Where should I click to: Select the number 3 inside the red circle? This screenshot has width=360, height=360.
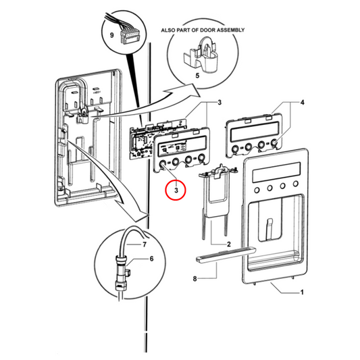pos(176,191)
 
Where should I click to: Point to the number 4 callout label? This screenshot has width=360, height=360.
pos(303,103)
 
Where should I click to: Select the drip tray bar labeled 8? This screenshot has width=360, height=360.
pos(224,254)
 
